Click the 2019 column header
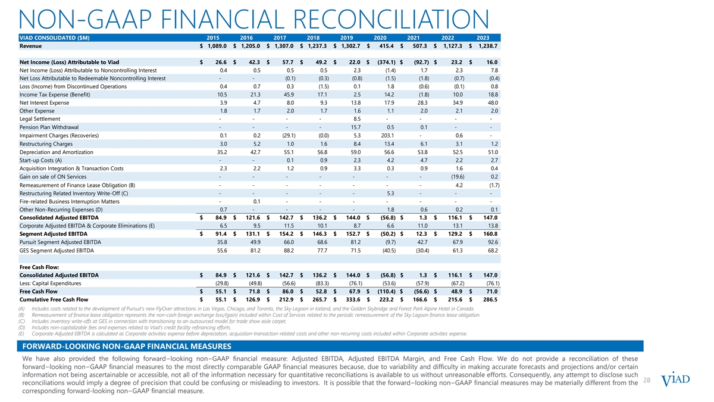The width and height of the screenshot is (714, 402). pyautogui.click(x=354, y=37)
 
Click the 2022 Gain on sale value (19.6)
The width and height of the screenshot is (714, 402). pyautogui.click(x=454, y=177)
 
